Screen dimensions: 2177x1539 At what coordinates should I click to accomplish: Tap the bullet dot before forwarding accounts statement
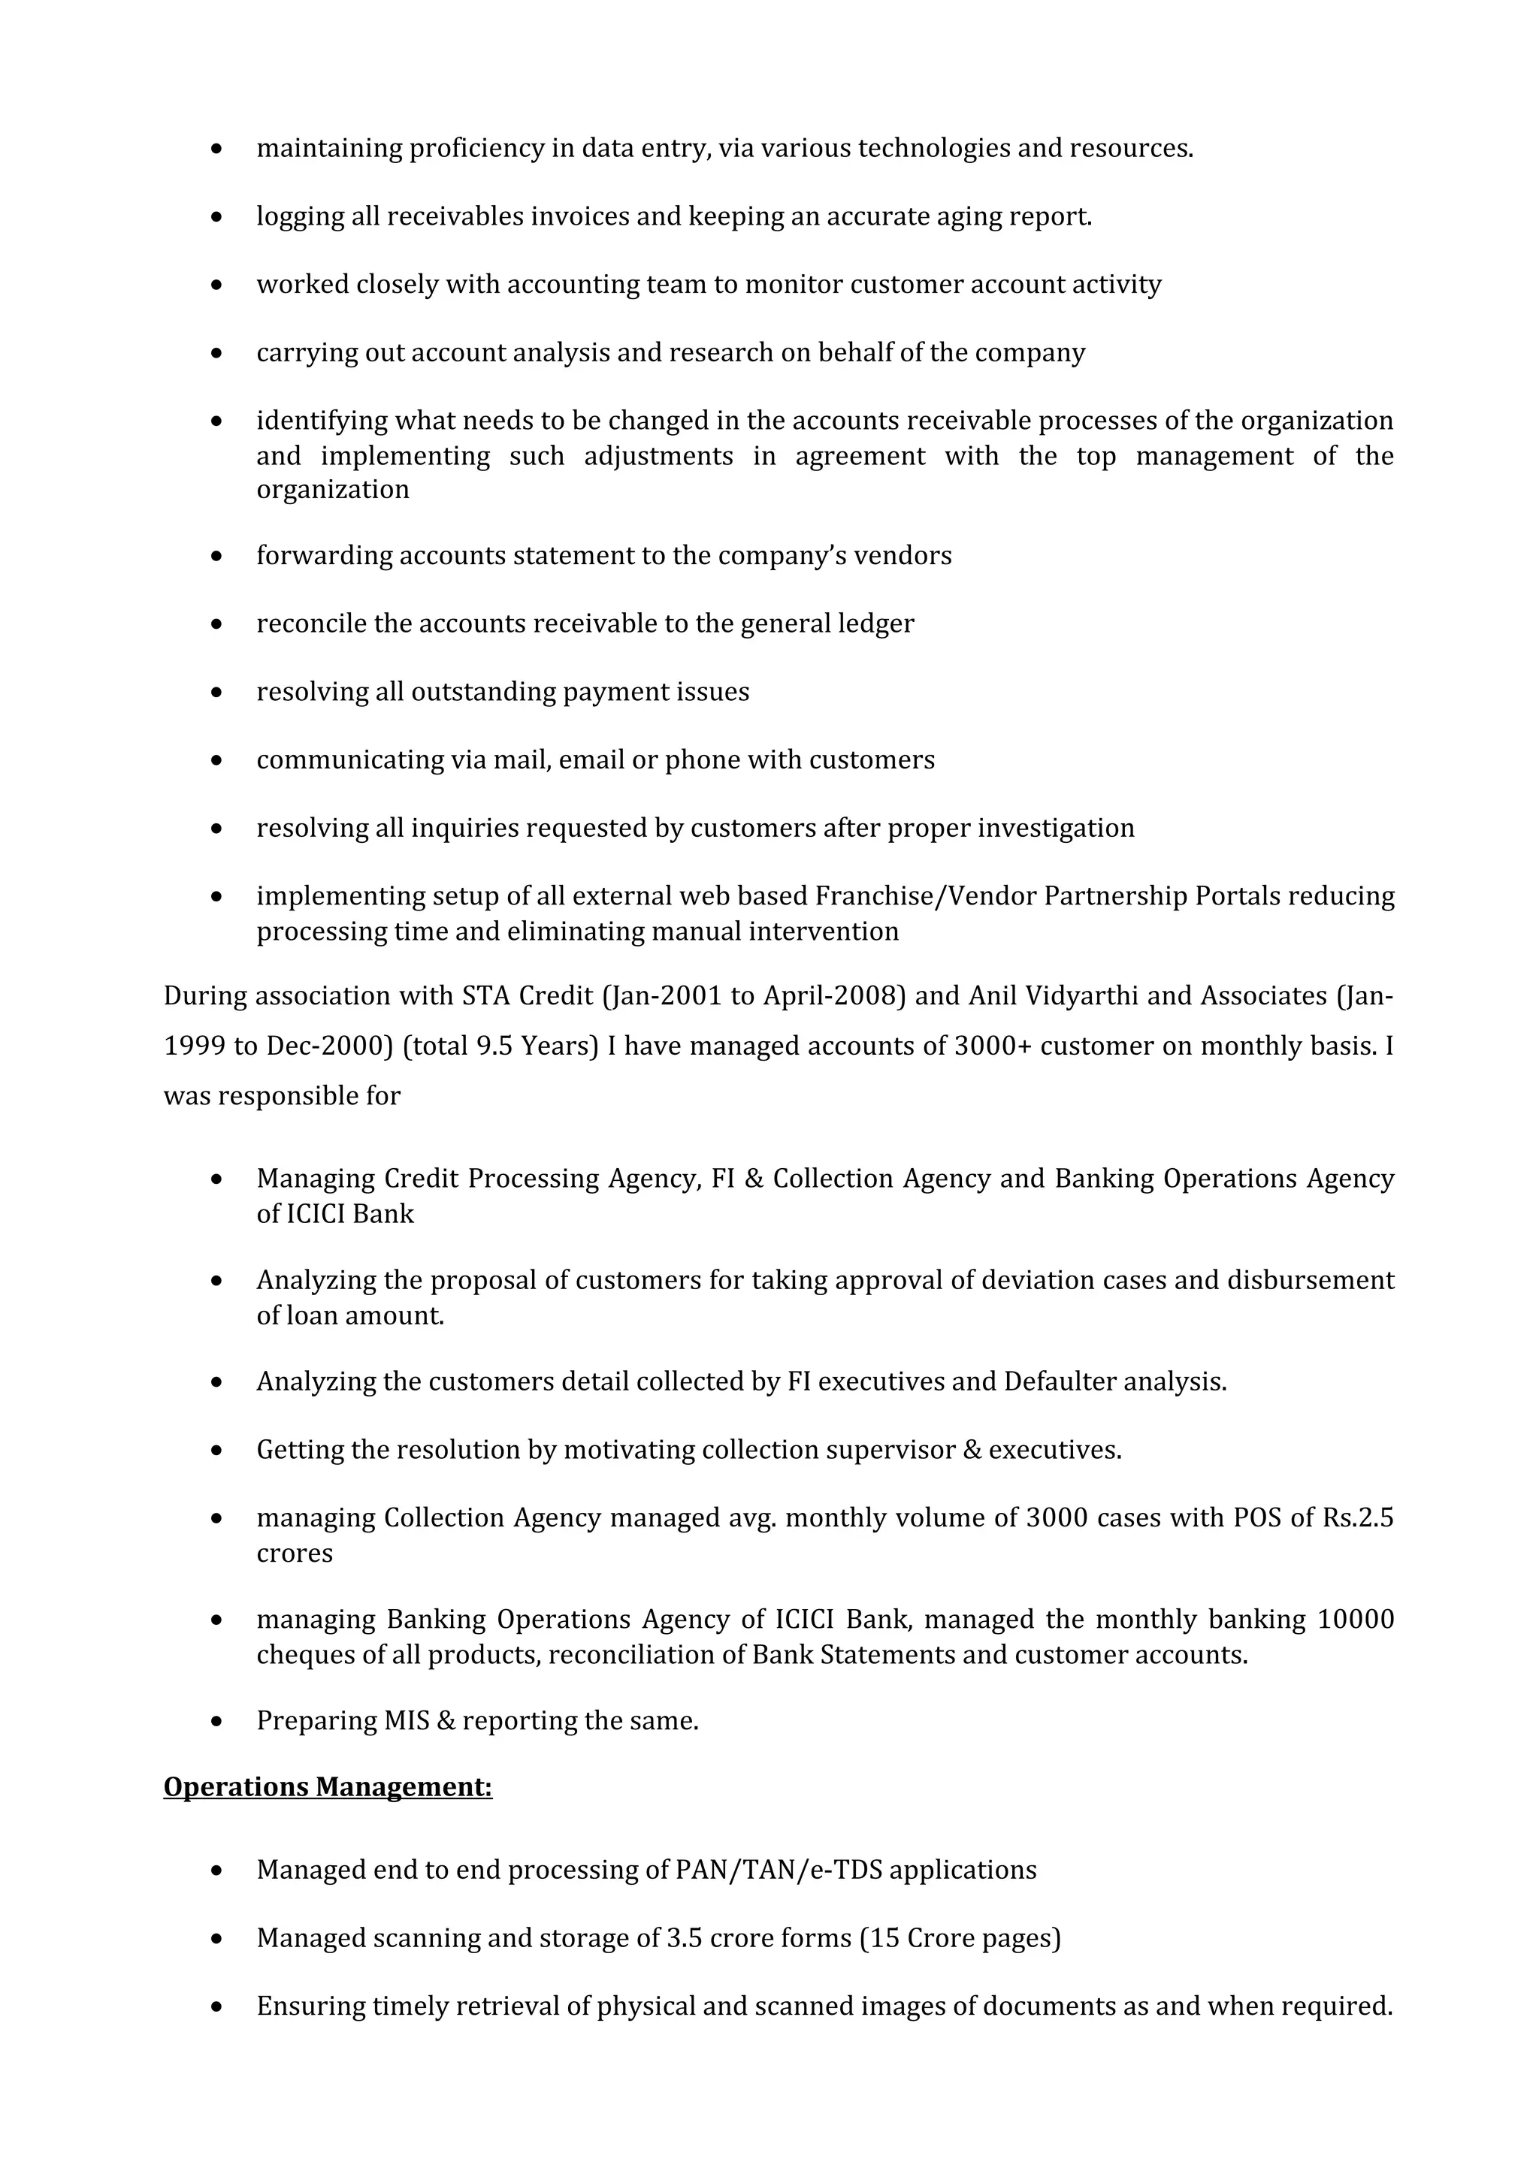coord(217,556)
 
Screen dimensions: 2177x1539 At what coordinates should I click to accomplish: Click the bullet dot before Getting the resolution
coord(217,1451)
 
